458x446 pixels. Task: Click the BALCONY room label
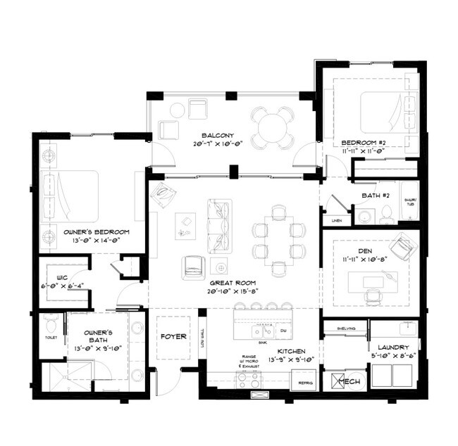pyautogui.click(x=213, y=135)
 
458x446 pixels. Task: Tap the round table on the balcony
pyautogui.click(x=273, y=127)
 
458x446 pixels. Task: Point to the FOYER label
pyautogui.click(x=173, y=336)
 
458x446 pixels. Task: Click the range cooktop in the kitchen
pyautogui.click(x=249, y=381)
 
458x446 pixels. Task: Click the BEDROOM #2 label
pyautogui.click(x=361, y=140)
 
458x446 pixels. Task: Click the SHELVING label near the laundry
pyautogui.click(x=345, y=328)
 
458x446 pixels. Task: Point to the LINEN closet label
pyautogui.click(x=336, y=221)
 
